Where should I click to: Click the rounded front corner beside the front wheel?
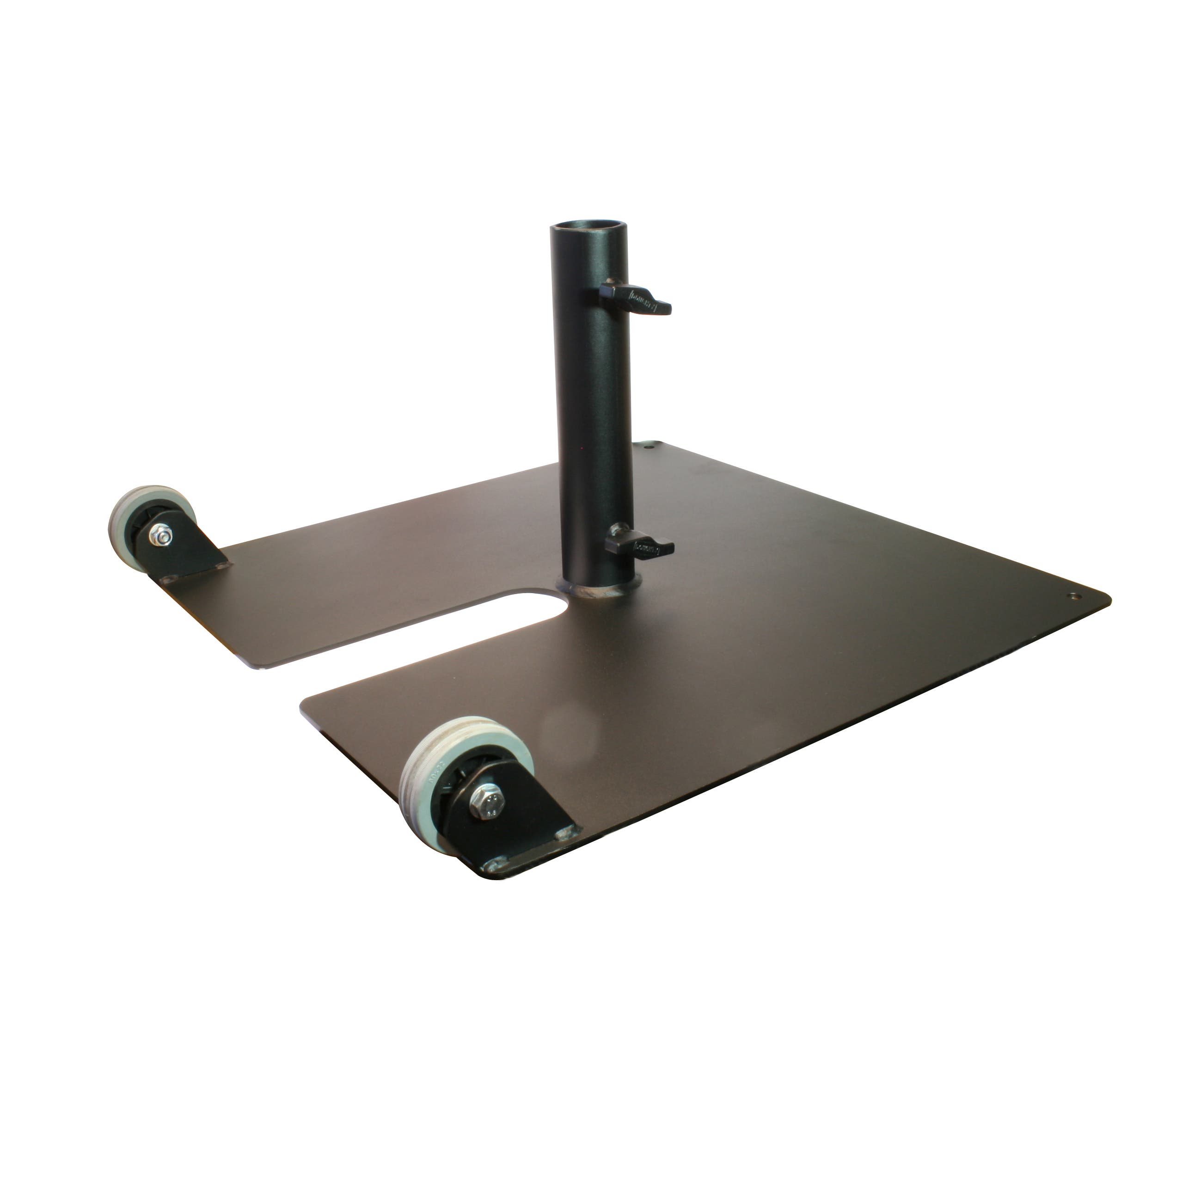[491, 876]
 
